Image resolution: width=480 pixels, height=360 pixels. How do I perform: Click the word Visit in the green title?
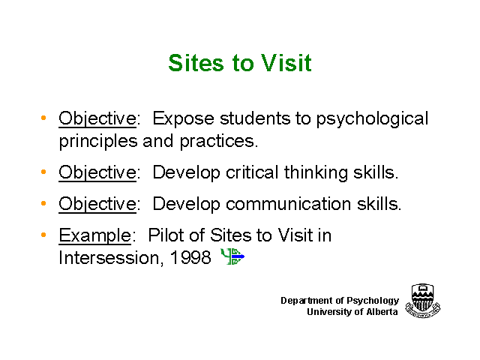(286, 63)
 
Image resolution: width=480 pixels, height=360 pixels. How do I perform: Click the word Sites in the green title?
(196, 63)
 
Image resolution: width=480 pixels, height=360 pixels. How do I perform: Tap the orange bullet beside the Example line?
(43, 235)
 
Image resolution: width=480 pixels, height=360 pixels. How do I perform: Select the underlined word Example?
(95, 235)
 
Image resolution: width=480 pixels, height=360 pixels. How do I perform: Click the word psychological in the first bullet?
(372, 118)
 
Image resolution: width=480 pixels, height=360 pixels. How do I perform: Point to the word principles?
(98, 142)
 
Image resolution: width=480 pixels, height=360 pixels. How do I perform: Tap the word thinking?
(316, 173)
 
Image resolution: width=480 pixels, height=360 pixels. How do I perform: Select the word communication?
(288, 204)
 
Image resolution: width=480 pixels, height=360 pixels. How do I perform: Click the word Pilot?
(166, 235)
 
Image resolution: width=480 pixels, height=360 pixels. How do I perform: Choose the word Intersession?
(109, 258)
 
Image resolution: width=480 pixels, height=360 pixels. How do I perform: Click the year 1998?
(190, 258)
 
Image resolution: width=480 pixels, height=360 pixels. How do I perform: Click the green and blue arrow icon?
(232, 256)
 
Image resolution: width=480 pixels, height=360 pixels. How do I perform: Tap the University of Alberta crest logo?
(423, 301)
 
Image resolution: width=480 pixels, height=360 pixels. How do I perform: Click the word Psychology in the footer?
(373, 301)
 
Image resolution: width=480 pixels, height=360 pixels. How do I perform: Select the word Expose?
(183, 118)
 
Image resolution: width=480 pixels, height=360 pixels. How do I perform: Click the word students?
(255, 118)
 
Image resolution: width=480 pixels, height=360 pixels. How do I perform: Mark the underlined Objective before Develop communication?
(97, 204)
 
